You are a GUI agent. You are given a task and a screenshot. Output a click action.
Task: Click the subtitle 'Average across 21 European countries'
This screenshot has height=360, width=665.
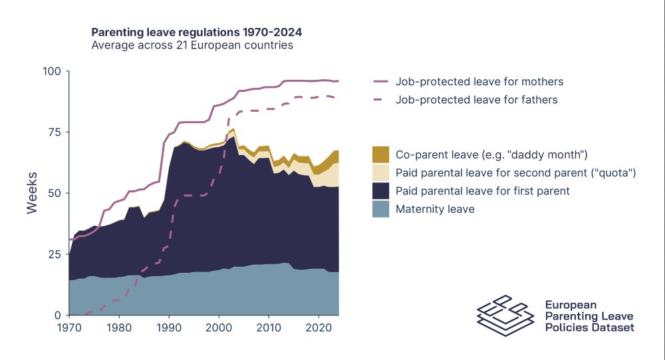point(192,46)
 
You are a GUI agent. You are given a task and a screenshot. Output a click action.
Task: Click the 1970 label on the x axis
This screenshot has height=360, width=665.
point(69,328)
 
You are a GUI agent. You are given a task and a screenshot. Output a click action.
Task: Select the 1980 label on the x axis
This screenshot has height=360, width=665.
point(119,328)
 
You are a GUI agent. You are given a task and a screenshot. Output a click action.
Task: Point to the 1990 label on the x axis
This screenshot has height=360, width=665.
point(169,328)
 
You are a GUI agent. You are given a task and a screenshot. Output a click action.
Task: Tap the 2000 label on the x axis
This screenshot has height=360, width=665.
point(219,328)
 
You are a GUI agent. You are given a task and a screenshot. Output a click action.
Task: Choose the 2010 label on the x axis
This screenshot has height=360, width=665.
point(269,328)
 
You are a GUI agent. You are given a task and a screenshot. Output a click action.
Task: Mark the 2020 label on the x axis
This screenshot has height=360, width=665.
point(319,328)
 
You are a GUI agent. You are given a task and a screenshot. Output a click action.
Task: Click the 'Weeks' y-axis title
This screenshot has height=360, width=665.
point(32,193)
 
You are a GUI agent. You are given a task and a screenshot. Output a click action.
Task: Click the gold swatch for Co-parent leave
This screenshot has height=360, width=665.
point(381,155)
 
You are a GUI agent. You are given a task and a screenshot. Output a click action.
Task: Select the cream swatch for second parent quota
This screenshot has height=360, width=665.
point(381,173)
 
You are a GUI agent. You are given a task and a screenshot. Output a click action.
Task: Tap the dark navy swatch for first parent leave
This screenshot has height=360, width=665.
point(381,191)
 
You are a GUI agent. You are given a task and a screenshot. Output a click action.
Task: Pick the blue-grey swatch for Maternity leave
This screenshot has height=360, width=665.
point(381,209)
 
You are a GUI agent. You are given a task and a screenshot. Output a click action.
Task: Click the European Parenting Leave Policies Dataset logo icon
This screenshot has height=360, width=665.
point(505,315)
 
